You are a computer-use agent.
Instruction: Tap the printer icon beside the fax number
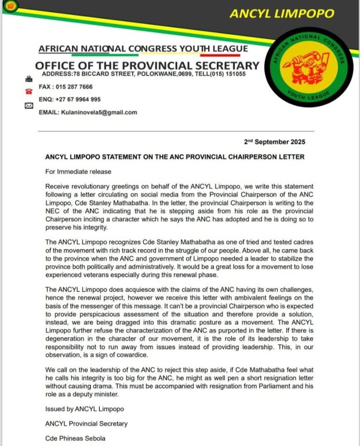[28, 79]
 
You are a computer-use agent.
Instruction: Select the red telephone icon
[28, 92]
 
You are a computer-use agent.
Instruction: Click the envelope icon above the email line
[28, 105]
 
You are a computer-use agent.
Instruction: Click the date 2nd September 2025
[278, 142]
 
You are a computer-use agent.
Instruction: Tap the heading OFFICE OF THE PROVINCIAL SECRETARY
[147, 65]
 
